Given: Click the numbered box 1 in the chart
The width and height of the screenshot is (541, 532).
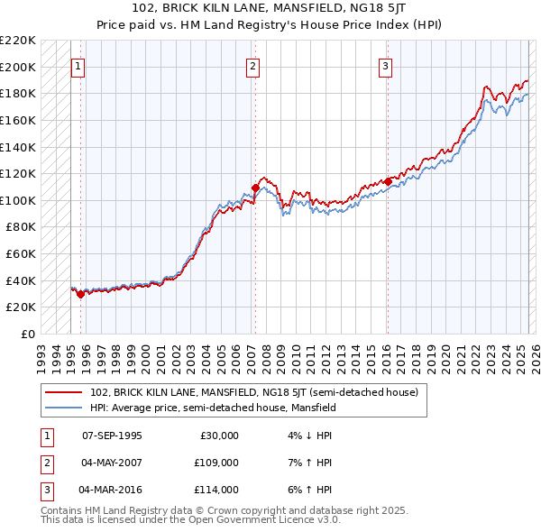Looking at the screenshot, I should pyautogui.click(x=78, y=66).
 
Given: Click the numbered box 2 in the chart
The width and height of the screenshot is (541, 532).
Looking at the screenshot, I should pyautogui.click(x=252, y=66).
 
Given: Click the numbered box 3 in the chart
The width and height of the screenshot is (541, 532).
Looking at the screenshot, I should pyautogui.click(x=385, y=66).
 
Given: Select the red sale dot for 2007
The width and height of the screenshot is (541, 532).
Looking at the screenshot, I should pyautogui.click(x=255, y=188).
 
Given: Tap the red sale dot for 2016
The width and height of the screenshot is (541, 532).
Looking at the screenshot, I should pyautogui.click(x=388, y=181).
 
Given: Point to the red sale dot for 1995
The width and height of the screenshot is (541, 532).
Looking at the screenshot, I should pyautogui.click(x=81, y=293).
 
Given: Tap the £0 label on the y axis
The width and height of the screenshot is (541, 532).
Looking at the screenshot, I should pyautogui.click(x=28, y=334).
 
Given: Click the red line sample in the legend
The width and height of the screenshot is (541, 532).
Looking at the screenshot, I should pyautogui.click(x=63, y=392).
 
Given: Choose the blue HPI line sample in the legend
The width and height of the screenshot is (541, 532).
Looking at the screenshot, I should pyautogui.click(x=63, y=407).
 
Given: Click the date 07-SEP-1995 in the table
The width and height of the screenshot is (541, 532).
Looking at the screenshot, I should pyautogui.click(x=112, y=436).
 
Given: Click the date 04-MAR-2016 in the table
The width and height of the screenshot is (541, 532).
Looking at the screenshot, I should pyautogui.click(x=112, y=490).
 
